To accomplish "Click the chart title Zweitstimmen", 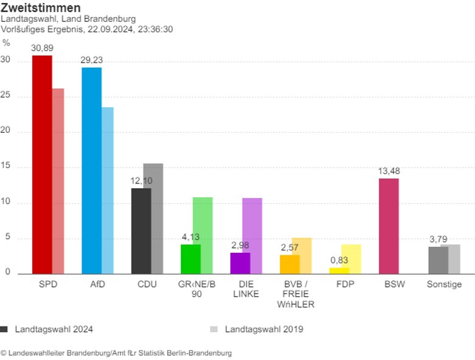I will click(x=40, y=8).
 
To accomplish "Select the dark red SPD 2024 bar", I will click(x=42, y=164).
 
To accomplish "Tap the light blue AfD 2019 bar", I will click(x=107, y=190).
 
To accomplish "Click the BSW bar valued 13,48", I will click(x=389, y=225).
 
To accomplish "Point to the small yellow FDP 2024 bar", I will click(x=339, y=270).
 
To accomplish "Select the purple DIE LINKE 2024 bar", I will click(x=240, y=263).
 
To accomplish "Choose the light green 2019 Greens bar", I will click(x=203, y=235).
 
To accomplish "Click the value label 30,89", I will click(x=42, y=48).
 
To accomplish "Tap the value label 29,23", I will click(x=91, y=60).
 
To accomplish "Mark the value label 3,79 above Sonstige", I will click(x=438, y=239).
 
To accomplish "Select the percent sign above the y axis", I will click(x=6, y=43).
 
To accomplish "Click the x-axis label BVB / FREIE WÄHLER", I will click(x=295, y=294).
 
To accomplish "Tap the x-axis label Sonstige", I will click(x=444, y=284).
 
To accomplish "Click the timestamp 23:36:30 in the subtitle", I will click(x=155, y=29).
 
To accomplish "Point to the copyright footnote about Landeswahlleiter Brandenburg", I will click(x=116, y=353).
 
